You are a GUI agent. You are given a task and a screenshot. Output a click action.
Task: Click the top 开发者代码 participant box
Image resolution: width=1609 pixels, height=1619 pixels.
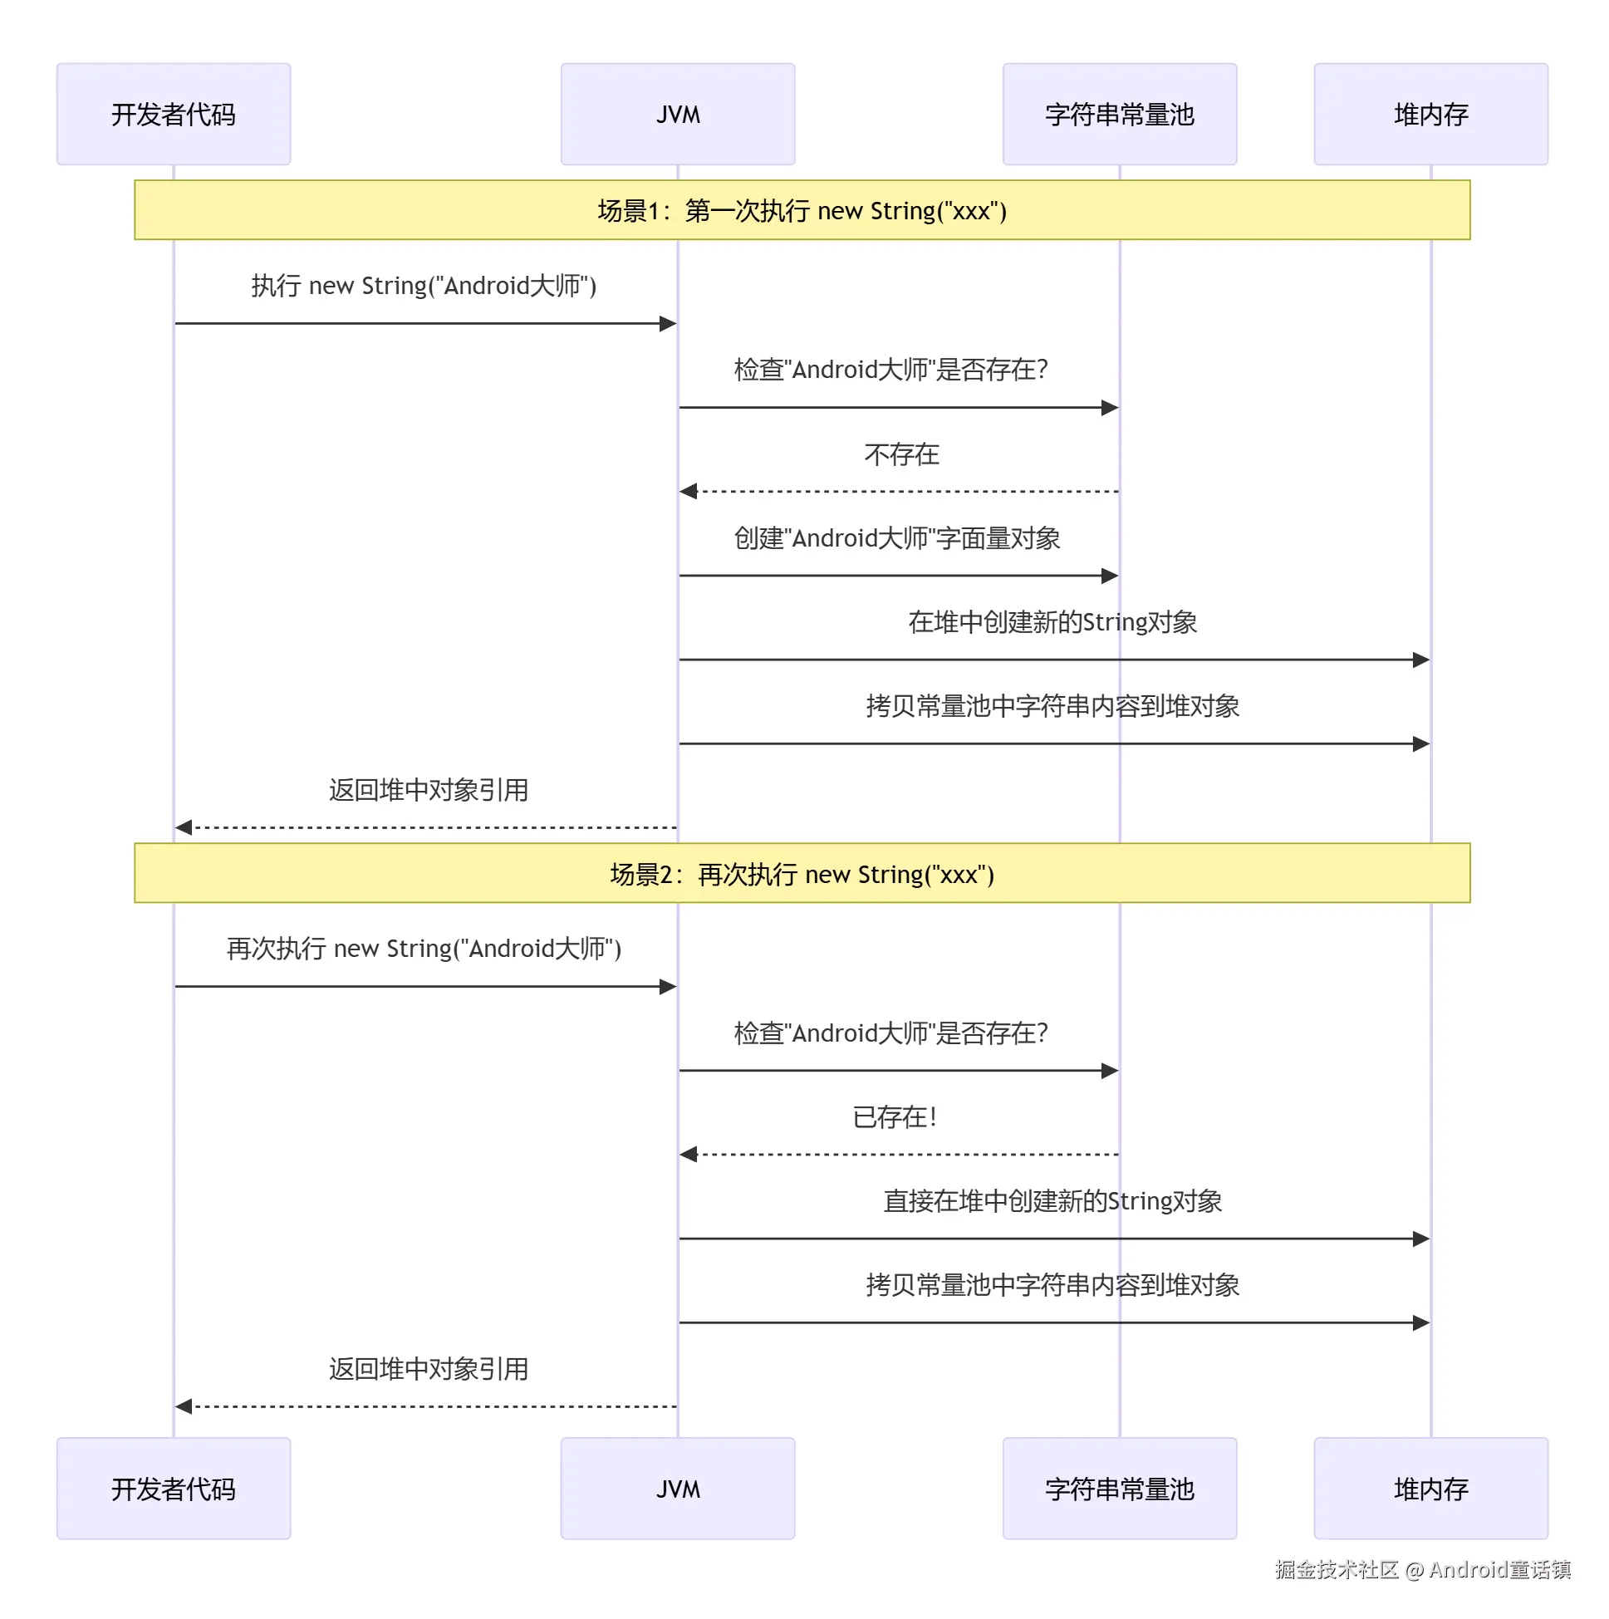174,114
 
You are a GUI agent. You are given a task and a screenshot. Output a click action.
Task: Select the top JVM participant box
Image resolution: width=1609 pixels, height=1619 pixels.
677,114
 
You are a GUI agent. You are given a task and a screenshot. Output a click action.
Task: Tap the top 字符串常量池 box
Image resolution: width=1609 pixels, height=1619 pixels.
1119,114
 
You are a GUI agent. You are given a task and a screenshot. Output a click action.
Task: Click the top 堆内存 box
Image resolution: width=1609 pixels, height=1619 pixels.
1430,114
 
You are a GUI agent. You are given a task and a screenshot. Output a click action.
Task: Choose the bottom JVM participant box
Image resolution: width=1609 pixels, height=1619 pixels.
677,1489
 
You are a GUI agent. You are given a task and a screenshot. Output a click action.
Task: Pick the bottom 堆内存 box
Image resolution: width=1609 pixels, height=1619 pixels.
1430,1489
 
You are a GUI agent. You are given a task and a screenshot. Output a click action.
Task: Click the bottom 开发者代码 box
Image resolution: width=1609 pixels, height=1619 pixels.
174,1489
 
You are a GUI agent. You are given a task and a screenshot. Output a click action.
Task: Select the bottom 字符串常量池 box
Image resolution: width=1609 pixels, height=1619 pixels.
1119,1489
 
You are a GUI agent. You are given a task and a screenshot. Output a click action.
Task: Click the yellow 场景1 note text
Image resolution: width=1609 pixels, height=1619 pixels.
801,210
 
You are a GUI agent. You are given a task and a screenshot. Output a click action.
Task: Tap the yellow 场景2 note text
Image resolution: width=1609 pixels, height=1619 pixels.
801,874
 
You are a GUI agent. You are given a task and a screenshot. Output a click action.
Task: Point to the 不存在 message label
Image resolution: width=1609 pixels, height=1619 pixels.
901,454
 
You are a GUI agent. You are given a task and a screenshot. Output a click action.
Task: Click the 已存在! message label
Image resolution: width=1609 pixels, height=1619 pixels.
894,1117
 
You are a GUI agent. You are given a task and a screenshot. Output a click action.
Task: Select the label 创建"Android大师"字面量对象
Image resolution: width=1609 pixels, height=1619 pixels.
896,538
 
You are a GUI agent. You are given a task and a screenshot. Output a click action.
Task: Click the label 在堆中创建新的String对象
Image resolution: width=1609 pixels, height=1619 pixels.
1052,622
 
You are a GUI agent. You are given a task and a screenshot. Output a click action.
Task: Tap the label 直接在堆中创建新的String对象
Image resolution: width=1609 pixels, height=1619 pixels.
1052,1201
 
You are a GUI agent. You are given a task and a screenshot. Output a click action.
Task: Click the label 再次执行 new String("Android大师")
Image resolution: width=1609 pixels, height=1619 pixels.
423,949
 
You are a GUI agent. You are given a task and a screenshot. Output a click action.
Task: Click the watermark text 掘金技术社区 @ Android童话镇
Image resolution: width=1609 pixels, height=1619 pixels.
1422,1568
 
